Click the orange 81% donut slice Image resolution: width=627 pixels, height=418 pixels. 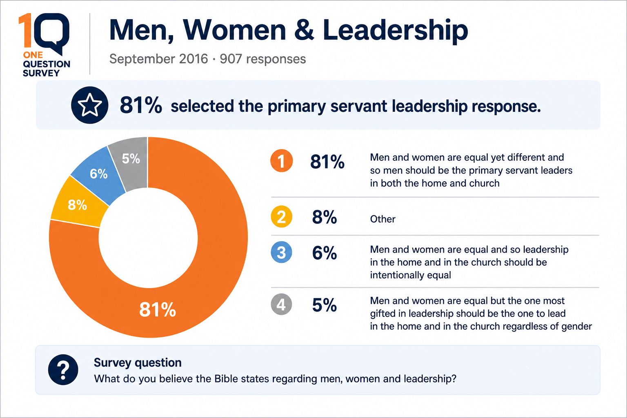[x=213, y=280]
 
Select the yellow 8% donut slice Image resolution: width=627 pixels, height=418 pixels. [x=78, y=205]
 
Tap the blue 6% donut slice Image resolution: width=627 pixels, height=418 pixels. [x=98, y=173]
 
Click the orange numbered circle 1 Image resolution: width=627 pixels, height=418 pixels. [x=281, y=161]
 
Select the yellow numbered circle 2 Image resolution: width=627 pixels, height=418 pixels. [x=281, y=216]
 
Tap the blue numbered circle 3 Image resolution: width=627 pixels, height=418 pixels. [x=281, y=252]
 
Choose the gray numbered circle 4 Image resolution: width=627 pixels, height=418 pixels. [x=281, y=304]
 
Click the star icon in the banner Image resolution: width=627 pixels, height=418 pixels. [x=89, y=105]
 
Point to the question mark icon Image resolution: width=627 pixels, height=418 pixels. [x=63, y=369]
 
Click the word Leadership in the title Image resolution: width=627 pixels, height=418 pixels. [x=395, y=31]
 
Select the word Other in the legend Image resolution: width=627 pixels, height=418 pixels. [x=382, y=219]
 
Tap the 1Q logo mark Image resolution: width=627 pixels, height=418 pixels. [x=44, y=34]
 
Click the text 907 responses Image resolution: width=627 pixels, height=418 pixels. [x=263, y=59]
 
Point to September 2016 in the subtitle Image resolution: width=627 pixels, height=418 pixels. [x=158, y=59]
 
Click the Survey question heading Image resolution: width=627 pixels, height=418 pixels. [x=138, y=362]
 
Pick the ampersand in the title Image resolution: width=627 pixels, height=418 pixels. [x=304, y=30]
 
